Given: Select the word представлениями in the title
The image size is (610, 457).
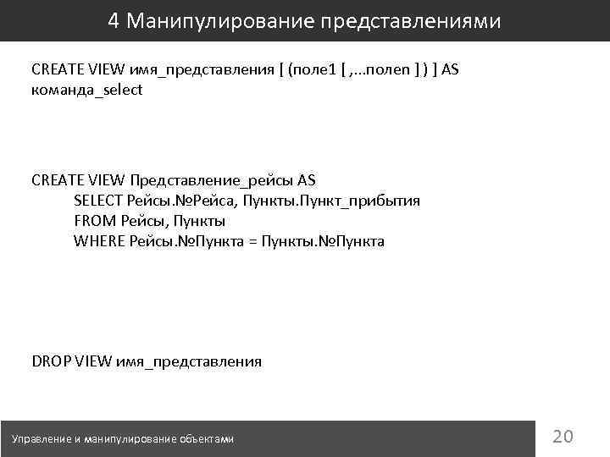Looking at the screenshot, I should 410,20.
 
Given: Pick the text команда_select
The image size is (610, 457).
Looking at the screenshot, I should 87,90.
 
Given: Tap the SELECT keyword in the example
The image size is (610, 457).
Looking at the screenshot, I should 98,201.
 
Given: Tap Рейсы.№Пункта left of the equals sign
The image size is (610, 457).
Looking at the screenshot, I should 185,241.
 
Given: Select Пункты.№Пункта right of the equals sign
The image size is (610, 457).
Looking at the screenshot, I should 323,241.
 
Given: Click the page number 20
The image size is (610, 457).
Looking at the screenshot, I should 563,437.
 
